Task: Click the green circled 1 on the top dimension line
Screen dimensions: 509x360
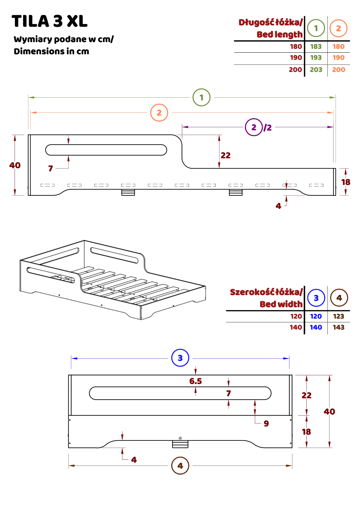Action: (x=202, y=98)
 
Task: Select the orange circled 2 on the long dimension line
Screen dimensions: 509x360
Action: (x=159, y=112)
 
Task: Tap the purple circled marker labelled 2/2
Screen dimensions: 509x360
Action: (x=254, y=127)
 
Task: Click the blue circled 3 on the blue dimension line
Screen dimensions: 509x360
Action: (x=180, y=358)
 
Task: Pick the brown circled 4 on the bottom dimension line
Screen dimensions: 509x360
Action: (x=180, y=466)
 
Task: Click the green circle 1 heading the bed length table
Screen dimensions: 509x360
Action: (x=316, y=28)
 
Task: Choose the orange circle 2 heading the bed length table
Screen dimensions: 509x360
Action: (x=338, y=28)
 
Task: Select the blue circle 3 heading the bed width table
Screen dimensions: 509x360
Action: (x=316, y=298)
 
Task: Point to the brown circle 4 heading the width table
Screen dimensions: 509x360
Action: (x=338, y=298)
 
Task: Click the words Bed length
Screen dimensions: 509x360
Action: (x=279, y=34)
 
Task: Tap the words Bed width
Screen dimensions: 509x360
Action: (x=281, y=304)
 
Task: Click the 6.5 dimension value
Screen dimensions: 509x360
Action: (x=195, y=381)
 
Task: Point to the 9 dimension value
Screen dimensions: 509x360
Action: (x=266, y=423)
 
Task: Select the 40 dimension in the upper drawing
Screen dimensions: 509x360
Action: (x=15, y=165)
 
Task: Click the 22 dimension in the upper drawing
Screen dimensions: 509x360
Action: (x=225, y=156)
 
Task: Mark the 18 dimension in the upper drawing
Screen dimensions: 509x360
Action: (x=345, y=182)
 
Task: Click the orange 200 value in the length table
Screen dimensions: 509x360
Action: (x=338, y=70)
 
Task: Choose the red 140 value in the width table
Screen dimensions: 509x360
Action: (x=296, y=327)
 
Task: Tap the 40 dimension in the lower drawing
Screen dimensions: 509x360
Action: (x=329, y=412)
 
